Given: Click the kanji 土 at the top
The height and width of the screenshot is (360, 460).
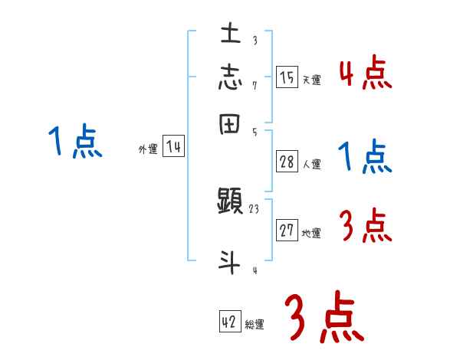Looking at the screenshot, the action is tap(231, 33).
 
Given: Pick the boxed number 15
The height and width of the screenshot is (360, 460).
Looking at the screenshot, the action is tap(287, 77).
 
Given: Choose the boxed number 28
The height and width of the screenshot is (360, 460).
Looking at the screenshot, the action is tap(287, 162).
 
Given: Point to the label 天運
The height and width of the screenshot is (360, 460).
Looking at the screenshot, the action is tap(311, 80).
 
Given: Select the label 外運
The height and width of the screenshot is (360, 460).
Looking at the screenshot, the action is tap(148, 150).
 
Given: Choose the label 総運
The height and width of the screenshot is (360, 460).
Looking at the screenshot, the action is tap(254, 325).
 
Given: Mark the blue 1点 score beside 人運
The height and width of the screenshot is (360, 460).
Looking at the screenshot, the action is tap(365, 158).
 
